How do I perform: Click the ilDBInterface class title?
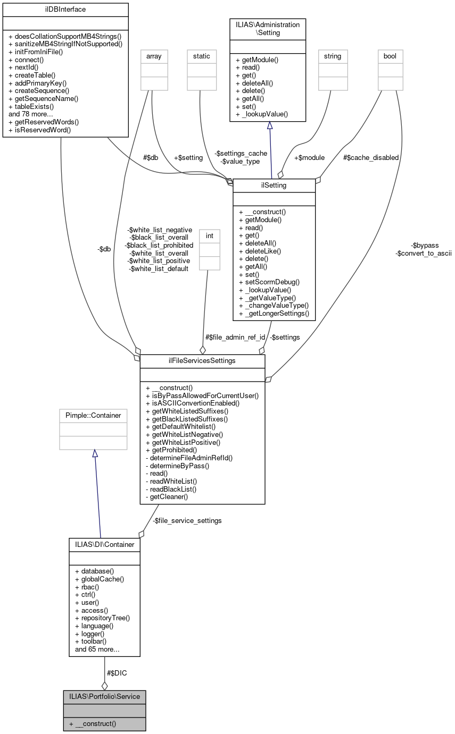[65, 10]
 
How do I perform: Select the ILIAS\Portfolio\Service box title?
[104, 696]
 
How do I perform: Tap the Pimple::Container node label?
[93, 415]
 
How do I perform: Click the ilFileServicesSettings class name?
[202, 361]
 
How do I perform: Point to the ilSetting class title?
[274, 185]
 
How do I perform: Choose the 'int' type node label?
[210, 234]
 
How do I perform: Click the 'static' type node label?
[202, 56]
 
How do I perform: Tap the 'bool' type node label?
[390, 56]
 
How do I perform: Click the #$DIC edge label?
[117, 673]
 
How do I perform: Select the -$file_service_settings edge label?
[187, 520]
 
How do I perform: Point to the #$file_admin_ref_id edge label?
[235, 337]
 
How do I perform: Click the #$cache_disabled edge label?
[371, 157]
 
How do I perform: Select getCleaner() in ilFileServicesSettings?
[169, 497]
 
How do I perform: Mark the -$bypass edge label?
[425, 245]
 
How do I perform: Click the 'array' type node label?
[154, 56]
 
